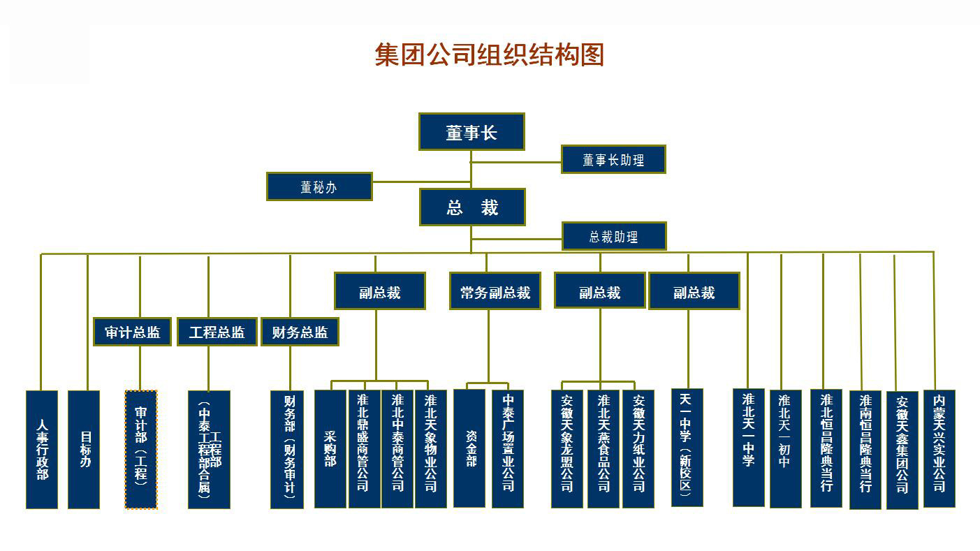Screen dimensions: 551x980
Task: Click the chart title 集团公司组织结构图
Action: [x=489, y=54]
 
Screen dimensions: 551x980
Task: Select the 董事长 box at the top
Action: [x=471, y=131]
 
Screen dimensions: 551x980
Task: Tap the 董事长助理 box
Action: [x=613, y=159]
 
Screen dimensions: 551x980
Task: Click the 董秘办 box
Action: [x=319, y=186]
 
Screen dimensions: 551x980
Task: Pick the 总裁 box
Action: [x=472, y=207]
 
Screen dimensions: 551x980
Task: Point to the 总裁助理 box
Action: [x=614, y=236]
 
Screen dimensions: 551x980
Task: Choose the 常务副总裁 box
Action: [x=495, y=291]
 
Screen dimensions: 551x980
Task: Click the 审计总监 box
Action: [x=133, y=332]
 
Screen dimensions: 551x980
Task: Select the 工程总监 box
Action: [x=217, y=332]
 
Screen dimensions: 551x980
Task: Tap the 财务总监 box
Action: [x=300, y=332]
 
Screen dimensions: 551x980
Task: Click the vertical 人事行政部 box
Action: [x=42, y=449]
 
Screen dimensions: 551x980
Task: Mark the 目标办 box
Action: [x=84, y=449]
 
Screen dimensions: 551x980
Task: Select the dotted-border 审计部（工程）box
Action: [x=141, y=449]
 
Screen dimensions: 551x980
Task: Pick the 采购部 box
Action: [x=330, y=448]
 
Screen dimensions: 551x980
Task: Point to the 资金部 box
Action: [x=469, y=448]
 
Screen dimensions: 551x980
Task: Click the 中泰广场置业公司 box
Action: [x=508, y=448]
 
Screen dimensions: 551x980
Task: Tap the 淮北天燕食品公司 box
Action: [x=604, y=448]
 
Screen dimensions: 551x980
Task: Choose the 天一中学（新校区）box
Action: [x=687, y=447]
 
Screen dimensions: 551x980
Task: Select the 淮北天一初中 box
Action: [x=786, y=448]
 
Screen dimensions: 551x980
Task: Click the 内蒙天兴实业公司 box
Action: [x=939, y=448]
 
